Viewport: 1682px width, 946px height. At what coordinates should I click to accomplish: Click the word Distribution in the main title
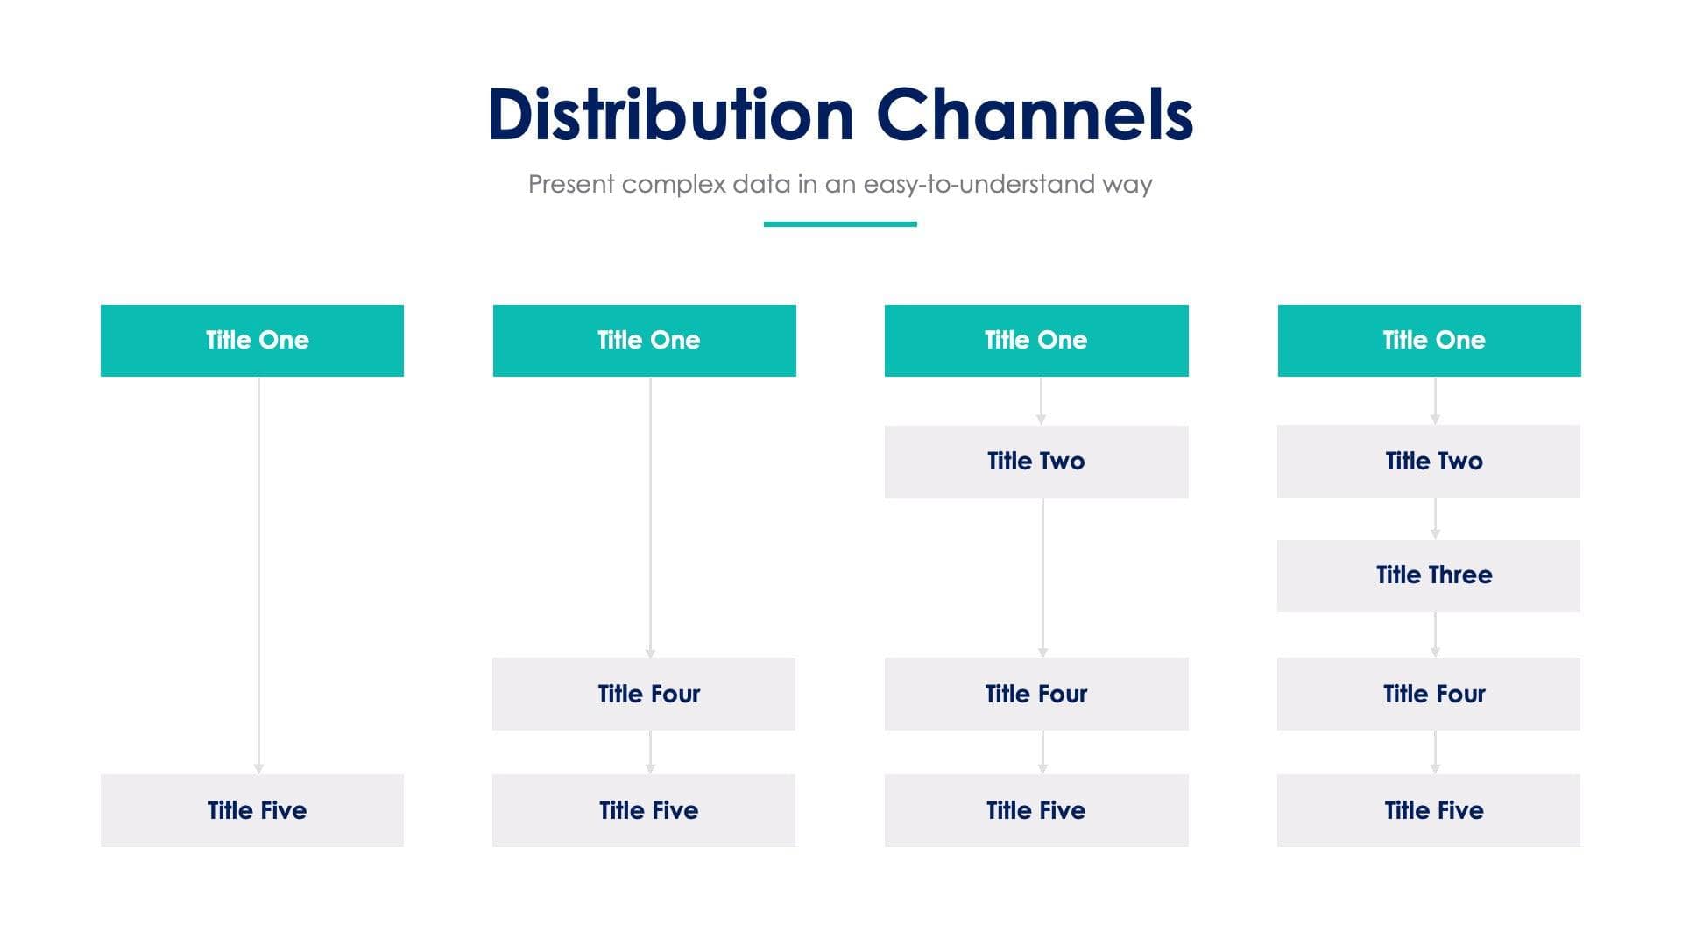point(670,115)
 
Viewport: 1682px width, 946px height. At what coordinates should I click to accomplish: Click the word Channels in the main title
point(1035,115)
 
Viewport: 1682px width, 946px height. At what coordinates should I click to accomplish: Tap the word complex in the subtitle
point(674,184)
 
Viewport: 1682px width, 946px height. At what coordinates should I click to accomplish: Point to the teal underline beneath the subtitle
point(840,224)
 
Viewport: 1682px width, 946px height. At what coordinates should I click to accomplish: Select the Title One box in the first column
point(252,341)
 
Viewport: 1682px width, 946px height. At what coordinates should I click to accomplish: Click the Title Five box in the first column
point(252,810)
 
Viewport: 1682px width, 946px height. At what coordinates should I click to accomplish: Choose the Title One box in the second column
point(645,341)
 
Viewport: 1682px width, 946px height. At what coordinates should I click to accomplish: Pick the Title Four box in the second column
point(644,694)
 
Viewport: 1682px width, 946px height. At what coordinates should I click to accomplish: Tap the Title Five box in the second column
point(644,810)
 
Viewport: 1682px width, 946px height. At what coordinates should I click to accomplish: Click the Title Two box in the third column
point(1036,462)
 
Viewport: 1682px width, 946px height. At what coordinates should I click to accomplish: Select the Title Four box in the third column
point(1036,694)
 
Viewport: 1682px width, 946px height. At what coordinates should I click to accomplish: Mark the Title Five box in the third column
point(1036,810)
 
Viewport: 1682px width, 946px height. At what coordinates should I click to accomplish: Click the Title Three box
point(1429,575)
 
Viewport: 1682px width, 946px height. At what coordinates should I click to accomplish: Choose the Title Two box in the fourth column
point(1429,462)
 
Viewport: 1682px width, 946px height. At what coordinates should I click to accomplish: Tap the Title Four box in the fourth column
point(1429,694)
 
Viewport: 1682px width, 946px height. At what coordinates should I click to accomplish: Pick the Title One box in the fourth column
point(1430,341)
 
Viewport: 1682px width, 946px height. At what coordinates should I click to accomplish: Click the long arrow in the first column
point(258,574)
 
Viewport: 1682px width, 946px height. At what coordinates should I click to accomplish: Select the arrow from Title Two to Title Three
point(1435,519)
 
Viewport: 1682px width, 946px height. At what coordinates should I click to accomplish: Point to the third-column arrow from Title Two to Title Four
point(1042,578)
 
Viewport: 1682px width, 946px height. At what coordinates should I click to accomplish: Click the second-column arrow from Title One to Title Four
point(650,517)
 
